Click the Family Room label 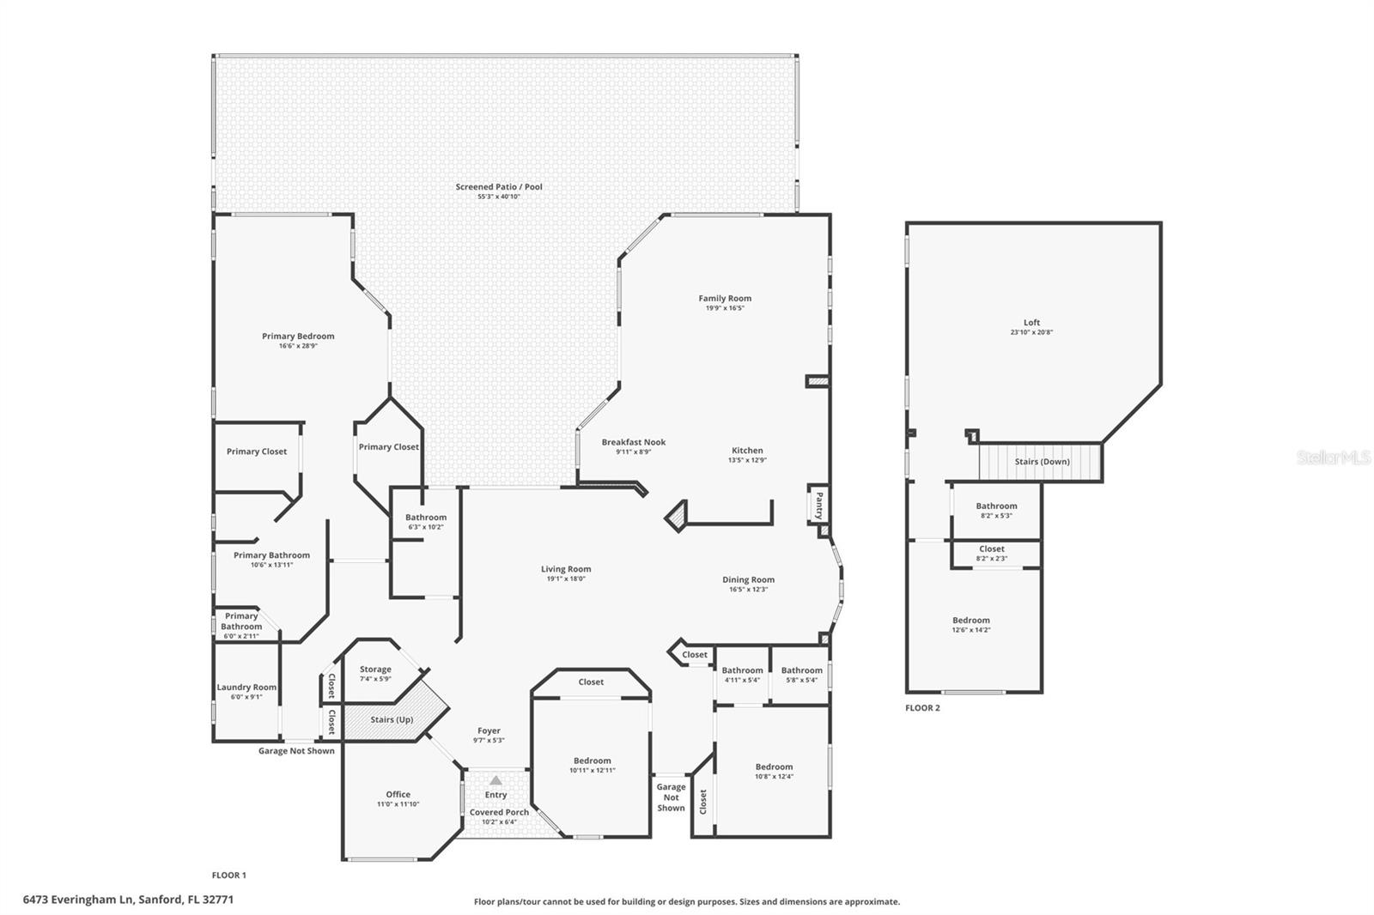click(725, 299)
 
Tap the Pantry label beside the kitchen click(819, 505)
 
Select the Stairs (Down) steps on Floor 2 click(1041, 462)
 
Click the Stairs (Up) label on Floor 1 click(392, 719)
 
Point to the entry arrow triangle click(495, 780)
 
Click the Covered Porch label click(499, 812)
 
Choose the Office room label click(398, 795)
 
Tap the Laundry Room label click(246, 688)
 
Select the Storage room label click(375, 670)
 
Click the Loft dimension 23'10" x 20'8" click(1031, 332)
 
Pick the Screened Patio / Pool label click(499, 186)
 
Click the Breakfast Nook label click(634, 442)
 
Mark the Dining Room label click(748, 580)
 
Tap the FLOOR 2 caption click(922, 708)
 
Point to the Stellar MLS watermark click(1334, 457)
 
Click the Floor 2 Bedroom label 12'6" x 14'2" click(970, 621)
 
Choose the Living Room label click(566, 569)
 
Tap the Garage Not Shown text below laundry click(296, 751)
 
